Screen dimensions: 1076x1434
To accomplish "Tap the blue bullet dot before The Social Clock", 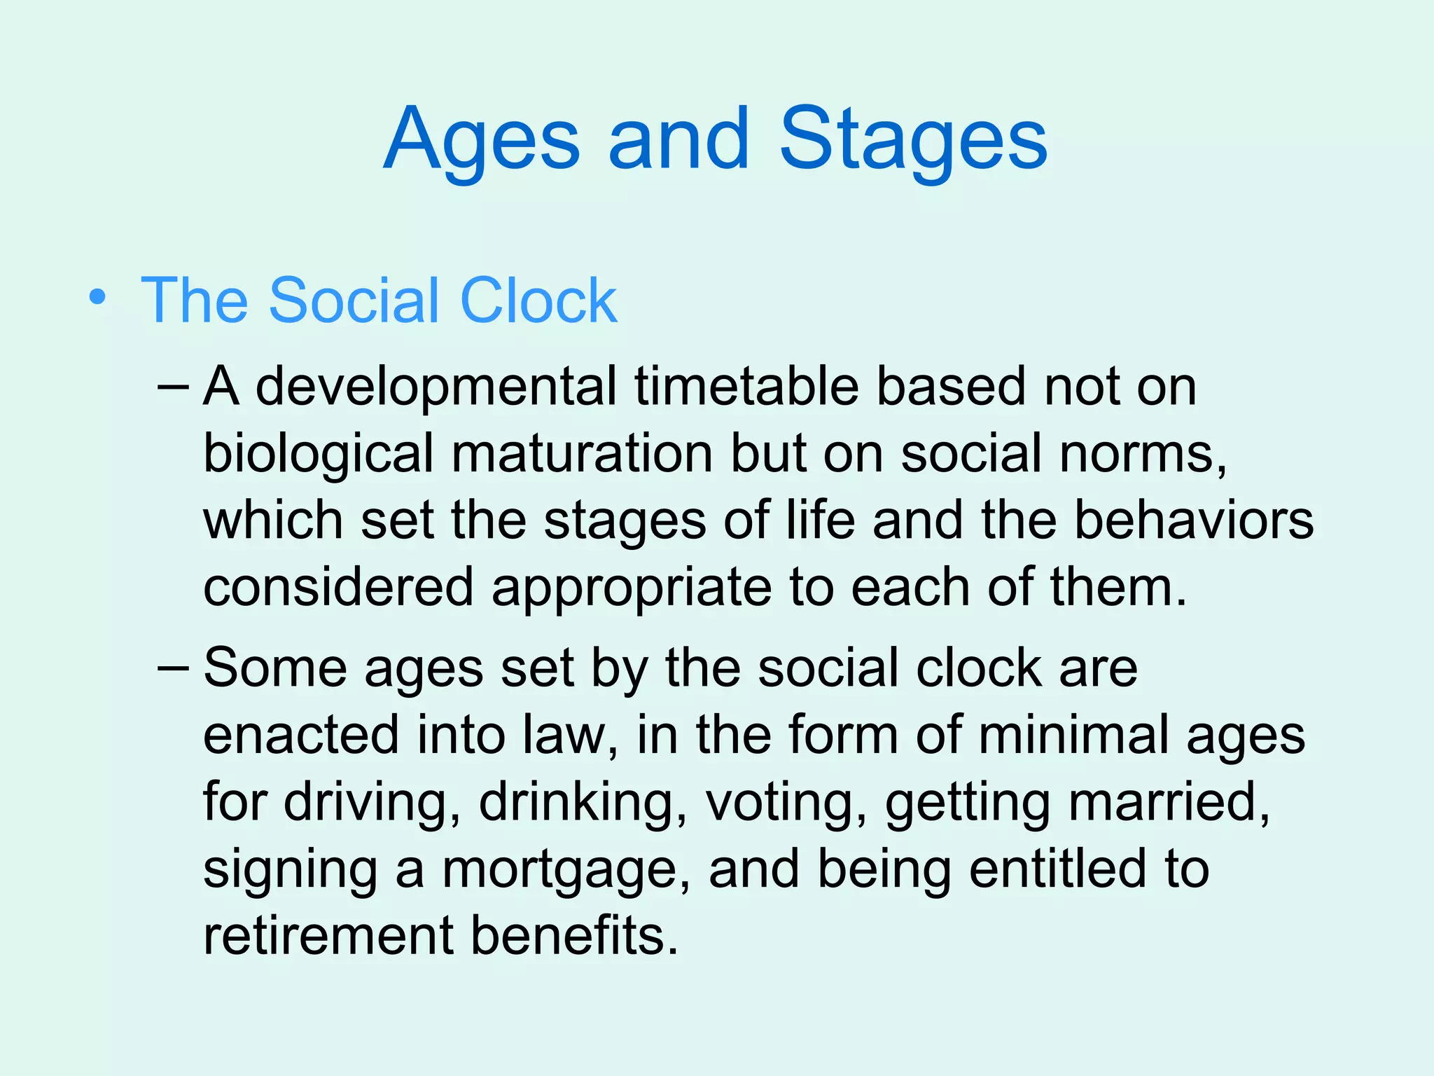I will click(x=98, y=298).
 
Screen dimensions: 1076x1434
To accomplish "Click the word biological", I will click(x=318, y=454).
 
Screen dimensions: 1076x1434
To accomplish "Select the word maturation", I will click(x=582, y=454).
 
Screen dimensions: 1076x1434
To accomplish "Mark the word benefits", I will click(x=574, y=936).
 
